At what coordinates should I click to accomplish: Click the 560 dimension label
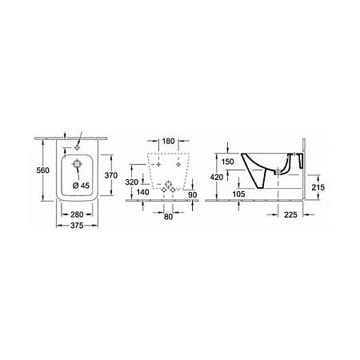click(43, 170)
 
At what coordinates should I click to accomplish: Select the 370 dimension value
click(111, 175)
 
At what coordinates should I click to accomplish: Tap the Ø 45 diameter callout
click(81, 186)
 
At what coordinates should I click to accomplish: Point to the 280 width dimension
click(77, 214)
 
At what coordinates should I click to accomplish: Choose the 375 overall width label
click(77, 226)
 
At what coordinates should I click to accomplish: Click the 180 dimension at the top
click(168, 141)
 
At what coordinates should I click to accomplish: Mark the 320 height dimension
click(132, 182)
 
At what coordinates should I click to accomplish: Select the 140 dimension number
click(142, 192)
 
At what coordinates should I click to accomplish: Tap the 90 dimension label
click(193, 194)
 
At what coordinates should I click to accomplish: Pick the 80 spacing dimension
click(168, 217)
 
